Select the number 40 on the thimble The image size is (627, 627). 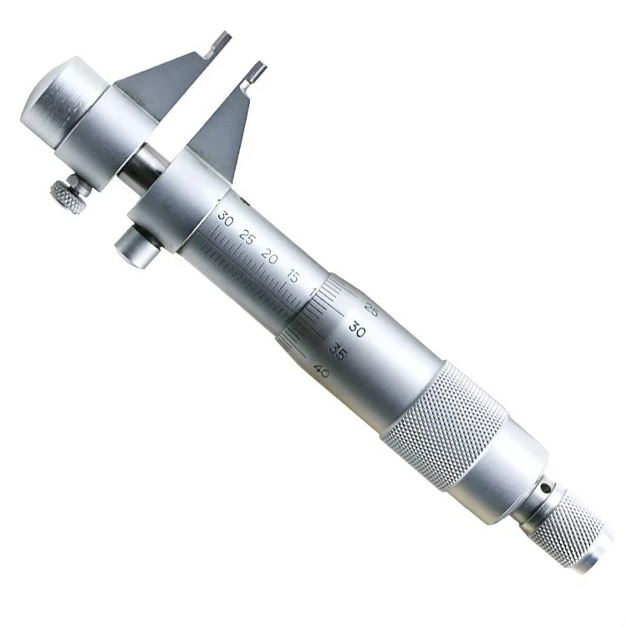pyautogui.click(x=324, y=372)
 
